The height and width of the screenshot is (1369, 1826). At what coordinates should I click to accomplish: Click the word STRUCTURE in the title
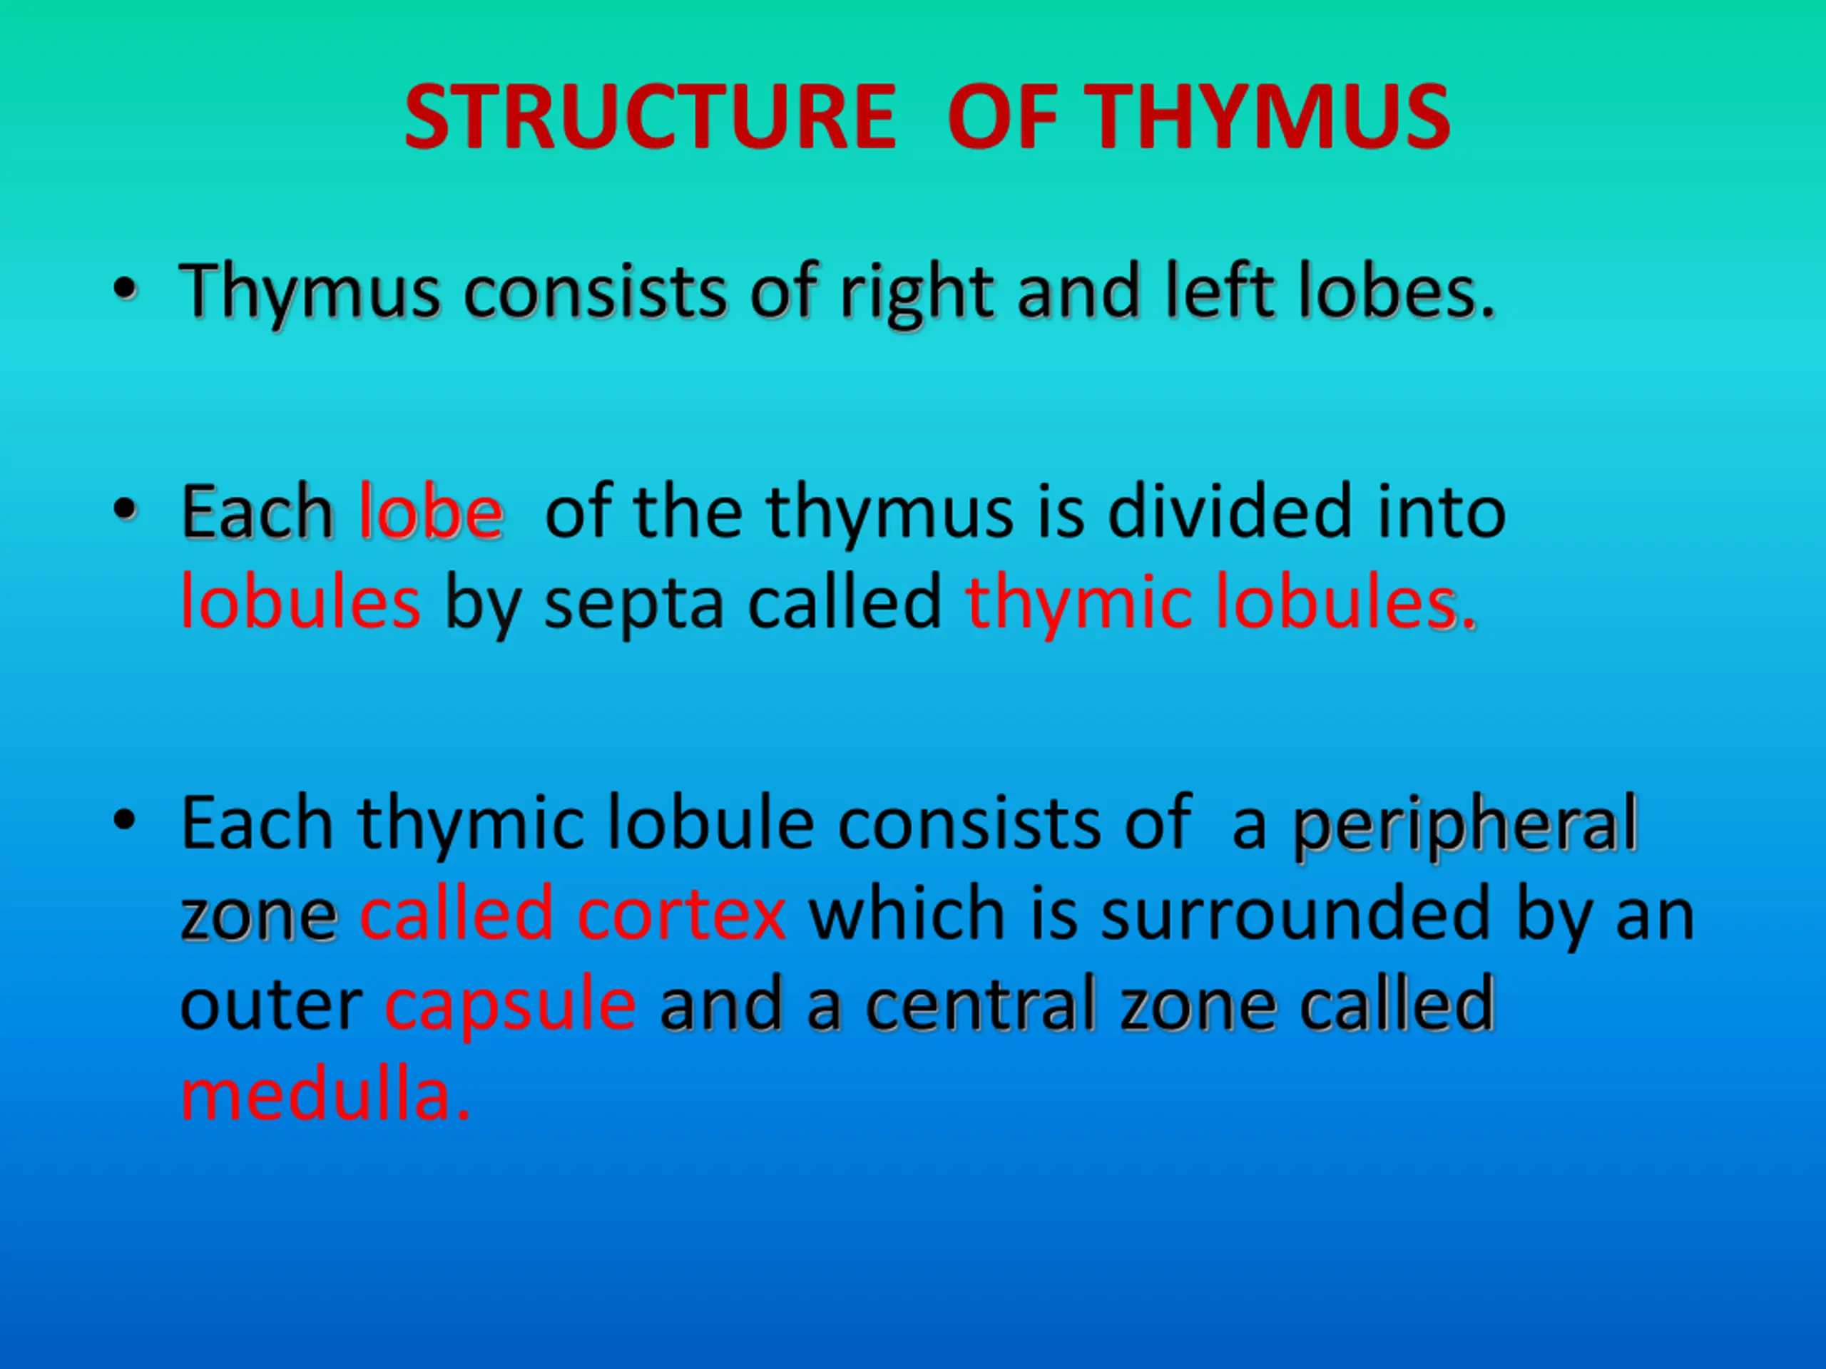pos(650,117)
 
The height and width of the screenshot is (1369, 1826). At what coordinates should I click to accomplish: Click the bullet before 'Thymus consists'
pos(125,289)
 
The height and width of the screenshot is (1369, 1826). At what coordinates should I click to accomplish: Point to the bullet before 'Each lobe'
pos(125,510)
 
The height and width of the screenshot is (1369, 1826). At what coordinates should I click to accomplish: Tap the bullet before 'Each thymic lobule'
pos(125,820)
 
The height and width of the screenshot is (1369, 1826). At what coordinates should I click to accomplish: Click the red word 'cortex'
pos(681,914)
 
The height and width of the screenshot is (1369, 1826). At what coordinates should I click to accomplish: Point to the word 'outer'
pos(271,1005)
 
